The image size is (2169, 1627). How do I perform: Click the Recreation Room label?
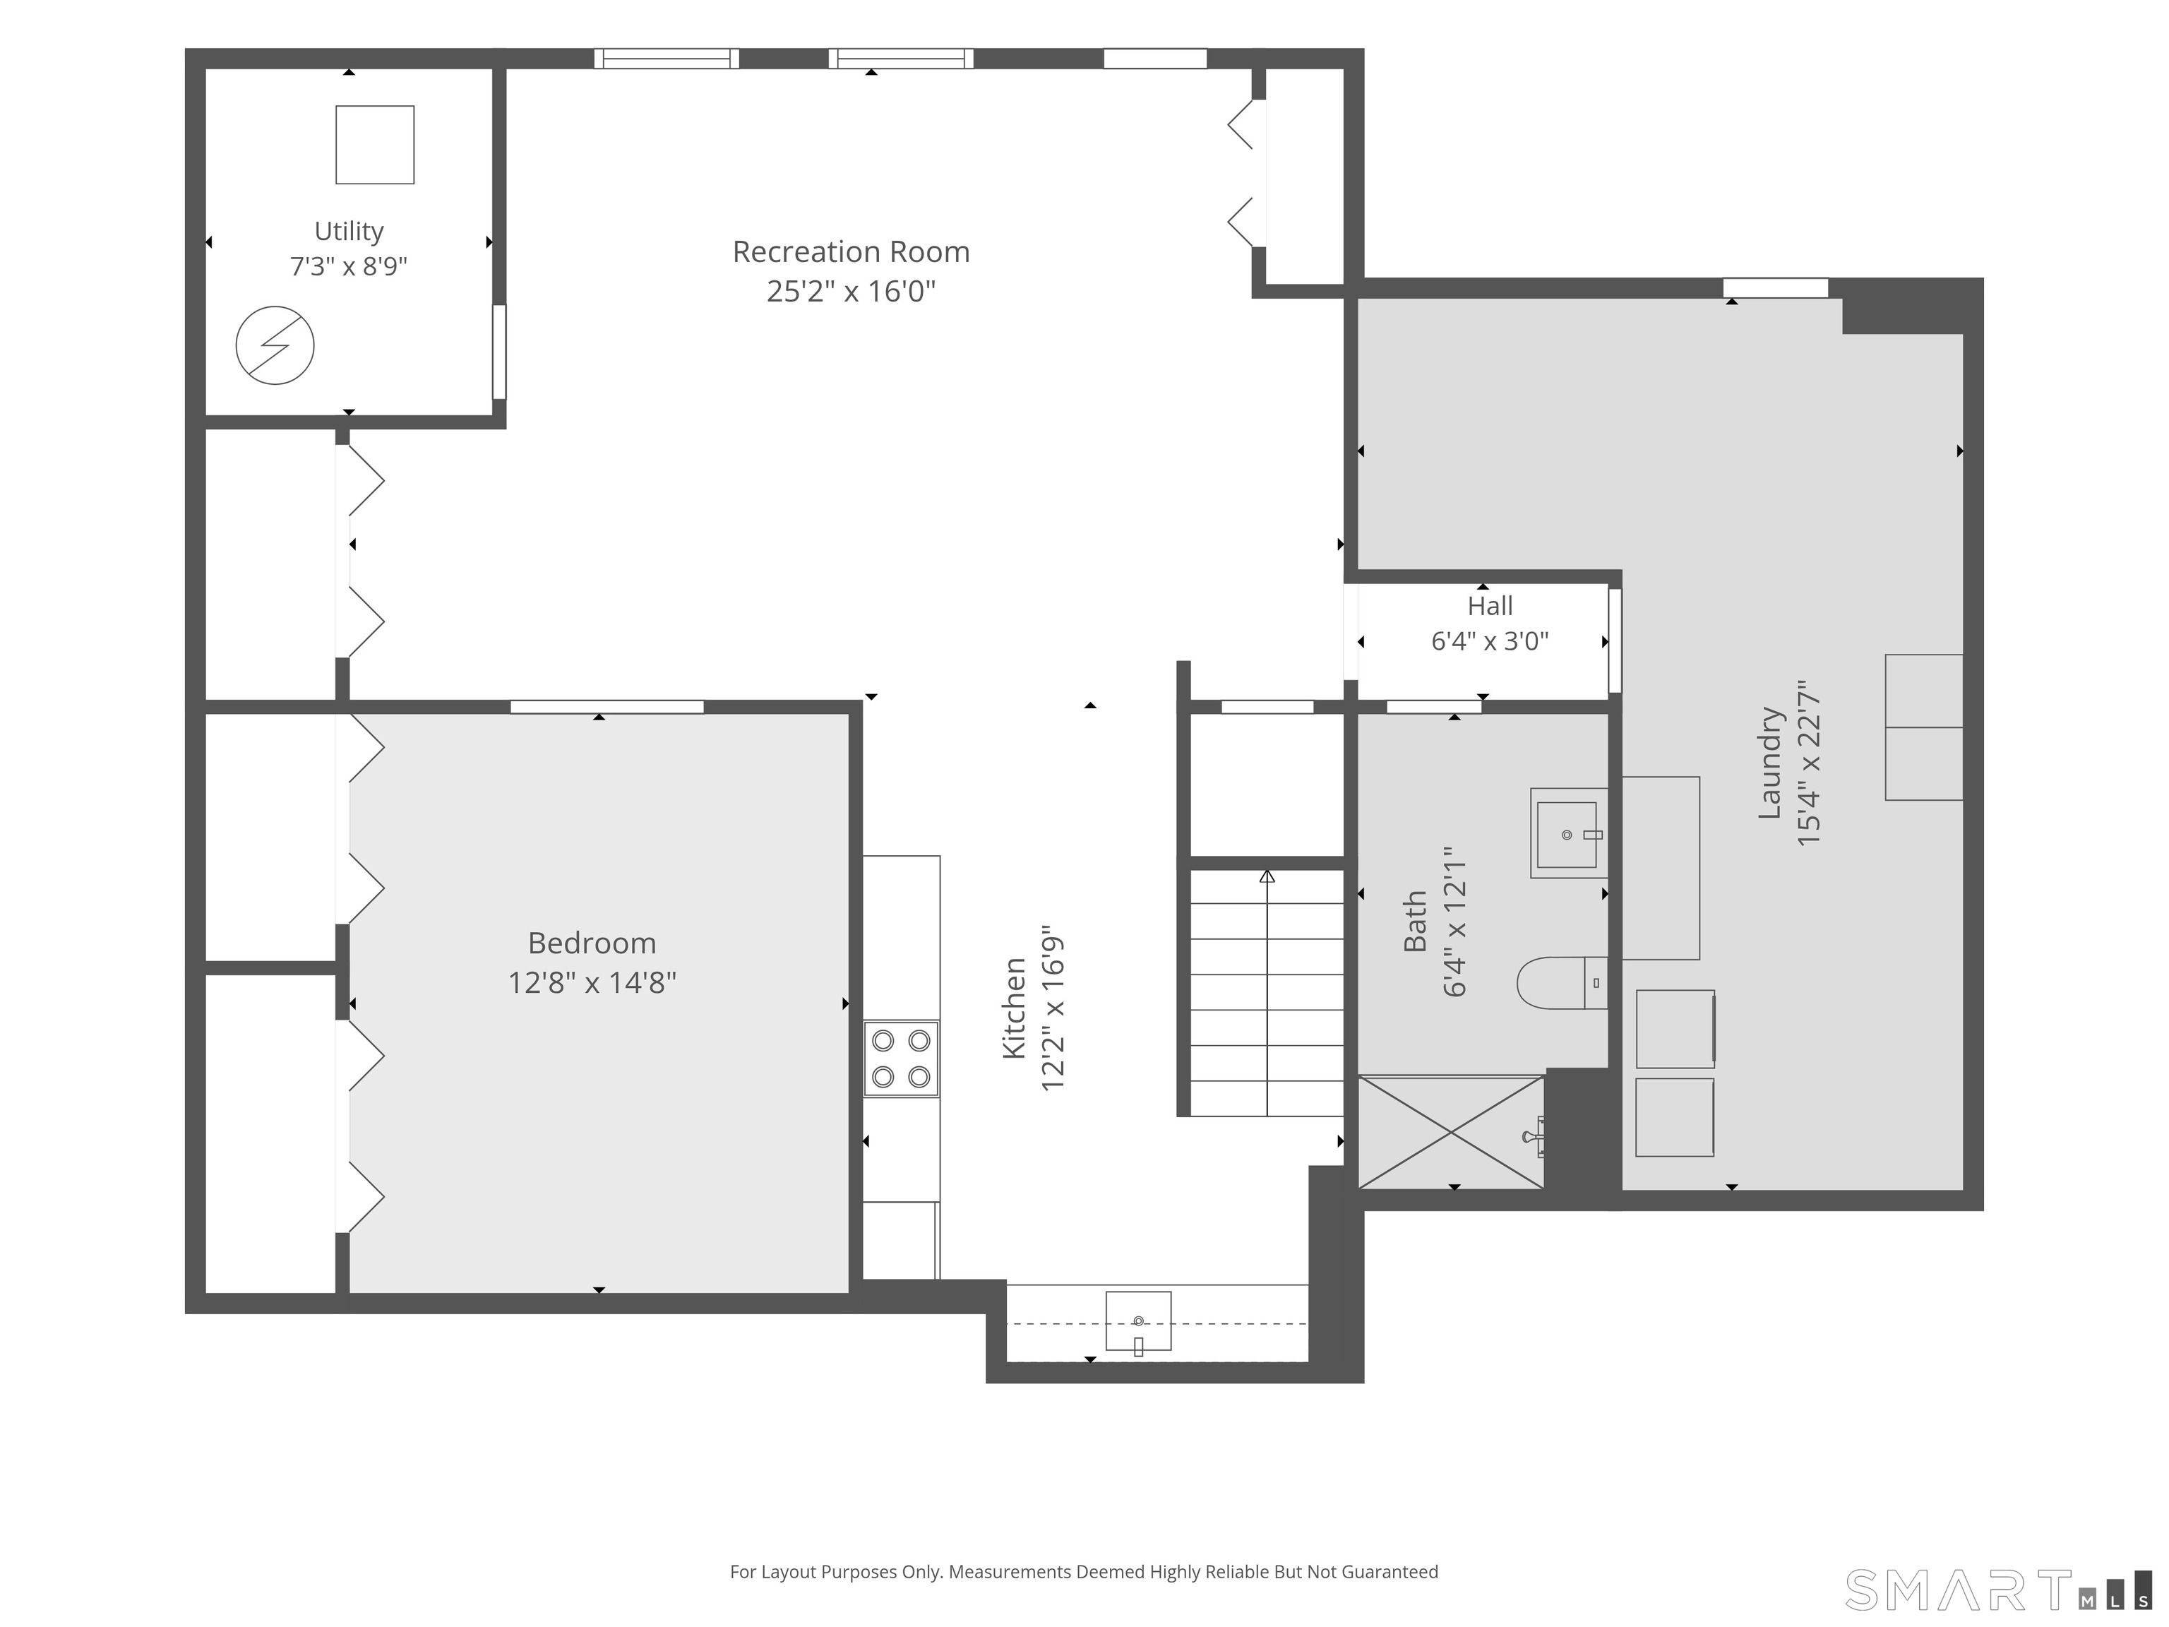point(851,252)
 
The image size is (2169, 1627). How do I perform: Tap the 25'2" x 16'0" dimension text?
point(851,291)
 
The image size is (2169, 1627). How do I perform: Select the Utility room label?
point(349,232)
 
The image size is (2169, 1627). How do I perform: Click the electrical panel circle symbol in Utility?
point(275,345)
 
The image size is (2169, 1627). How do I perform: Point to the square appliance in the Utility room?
point(375,144)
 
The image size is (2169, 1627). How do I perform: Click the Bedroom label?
point(592,943)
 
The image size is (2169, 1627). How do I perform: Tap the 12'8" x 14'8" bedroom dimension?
point(592,983)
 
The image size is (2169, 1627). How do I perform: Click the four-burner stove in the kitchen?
point(901,1059)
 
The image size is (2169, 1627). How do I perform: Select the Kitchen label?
point(1014,1008)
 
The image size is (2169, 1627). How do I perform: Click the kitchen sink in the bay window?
point(1138,1321)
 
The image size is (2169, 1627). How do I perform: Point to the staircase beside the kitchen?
point(1266,992)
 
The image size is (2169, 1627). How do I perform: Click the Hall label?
point(1490,606)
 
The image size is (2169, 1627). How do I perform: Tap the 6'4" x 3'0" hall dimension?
point(1490,641)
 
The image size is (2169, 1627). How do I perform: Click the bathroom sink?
point(1569,833)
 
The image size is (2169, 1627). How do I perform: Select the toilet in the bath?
point(1562,983)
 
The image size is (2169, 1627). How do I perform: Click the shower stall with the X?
point(1451,1133)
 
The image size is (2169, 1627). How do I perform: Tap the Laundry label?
point(1769,763)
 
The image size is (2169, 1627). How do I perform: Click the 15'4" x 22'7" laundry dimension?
point(1808,763)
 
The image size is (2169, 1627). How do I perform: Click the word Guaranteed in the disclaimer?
point(1390,1572)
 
